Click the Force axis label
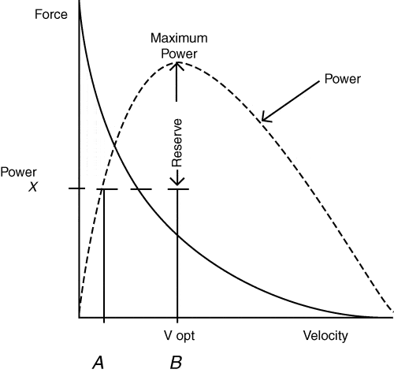pyautogui.click(x=51, y=14)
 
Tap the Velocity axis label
pyautogui.click(x=325, y=336)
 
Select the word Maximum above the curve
pyautogui.click(x=179, y=38)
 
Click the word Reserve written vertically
pyautogui.click(x=177, y=143)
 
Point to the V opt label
pyautogui.click(x=180, y=336)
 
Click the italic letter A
pyautogui.click(x=98, y=363)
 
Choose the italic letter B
pyautogui.click(x=176, y=363)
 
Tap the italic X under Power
pyautogui.click(x=33, y=187)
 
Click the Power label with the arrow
pyautogui.click(x=343, y=79)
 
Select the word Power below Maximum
pyautogui.click(x=179, y=54)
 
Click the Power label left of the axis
pyautogui.click(x=18, y=172)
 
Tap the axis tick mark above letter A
pyautogui.click(x=104, y=320)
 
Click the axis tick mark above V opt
pyautogui.click(x=177, y=320)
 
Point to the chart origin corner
pyautogui.click(x=79, y=318)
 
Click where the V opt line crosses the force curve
pyautogui.click(x=177, y=236)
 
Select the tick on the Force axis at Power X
pyautogui.click(x=76, y=188)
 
